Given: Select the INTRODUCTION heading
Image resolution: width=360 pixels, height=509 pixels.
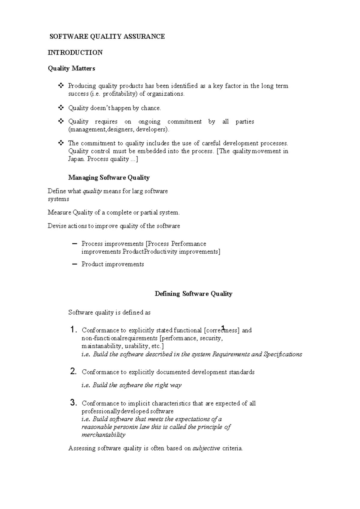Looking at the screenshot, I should click(75, 52).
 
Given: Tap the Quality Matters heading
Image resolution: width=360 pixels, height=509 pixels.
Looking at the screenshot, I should click(71, 68).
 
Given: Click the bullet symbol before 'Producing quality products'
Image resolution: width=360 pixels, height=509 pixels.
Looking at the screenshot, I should click(61, 86).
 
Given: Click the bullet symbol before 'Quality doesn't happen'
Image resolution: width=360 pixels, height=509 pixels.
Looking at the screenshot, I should click(61, 107).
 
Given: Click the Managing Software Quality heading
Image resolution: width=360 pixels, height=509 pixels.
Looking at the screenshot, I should click(109, 177).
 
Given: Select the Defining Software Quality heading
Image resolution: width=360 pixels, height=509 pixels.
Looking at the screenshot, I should click(193, 294).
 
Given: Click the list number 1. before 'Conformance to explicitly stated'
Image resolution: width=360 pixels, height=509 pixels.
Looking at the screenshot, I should click(74, 330).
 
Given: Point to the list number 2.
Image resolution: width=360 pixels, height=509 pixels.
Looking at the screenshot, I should click(73, 372).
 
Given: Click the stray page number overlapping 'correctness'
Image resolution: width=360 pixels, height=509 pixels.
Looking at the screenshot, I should click(223, 327).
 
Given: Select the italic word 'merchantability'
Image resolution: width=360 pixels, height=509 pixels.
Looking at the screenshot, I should click(103, 435).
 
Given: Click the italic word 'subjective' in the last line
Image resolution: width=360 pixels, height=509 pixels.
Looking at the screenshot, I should click(206, 448).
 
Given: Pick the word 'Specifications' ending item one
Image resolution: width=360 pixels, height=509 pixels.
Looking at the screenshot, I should click(283, 354).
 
